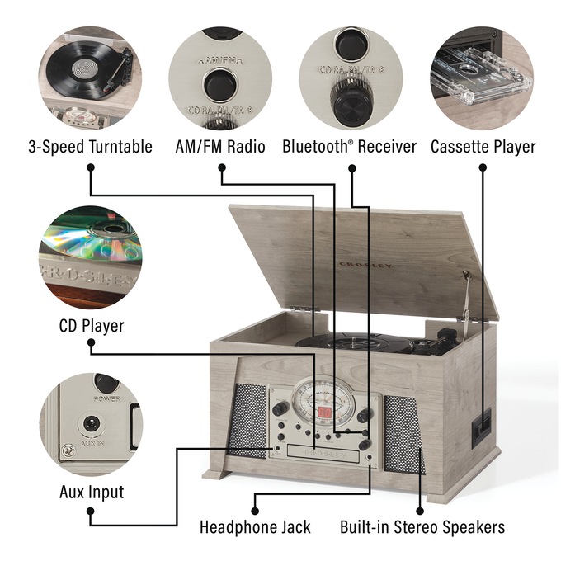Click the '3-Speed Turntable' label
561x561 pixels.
pos(91,147)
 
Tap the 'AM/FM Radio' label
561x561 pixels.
pos(220,147)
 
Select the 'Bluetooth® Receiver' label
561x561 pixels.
pos(349,147)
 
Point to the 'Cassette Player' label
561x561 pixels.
pos(483,147)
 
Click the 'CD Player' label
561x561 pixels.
pos(91,326)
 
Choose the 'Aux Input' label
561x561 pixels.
pos(91,493)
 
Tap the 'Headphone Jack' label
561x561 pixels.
pos(255,526)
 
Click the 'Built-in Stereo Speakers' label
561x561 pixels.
pos(422,526)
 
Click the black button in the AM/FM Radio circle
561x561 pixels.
pos(220,82)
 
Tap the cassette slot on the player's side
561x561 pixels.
pos(477,427)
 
